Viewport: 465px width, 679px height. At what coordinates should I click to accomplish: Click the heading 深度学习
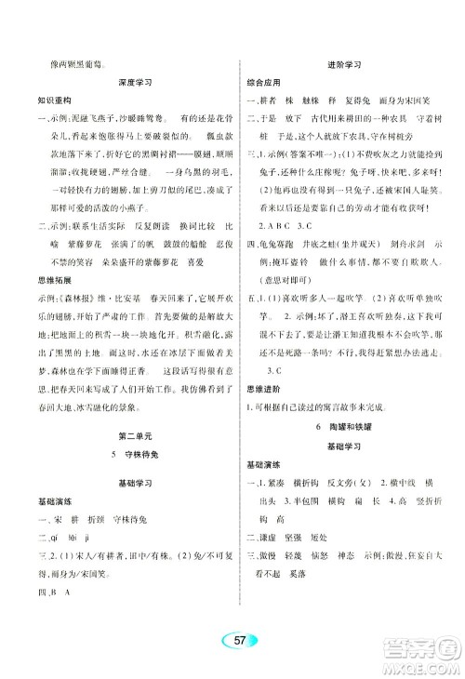tap(135, 83)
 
